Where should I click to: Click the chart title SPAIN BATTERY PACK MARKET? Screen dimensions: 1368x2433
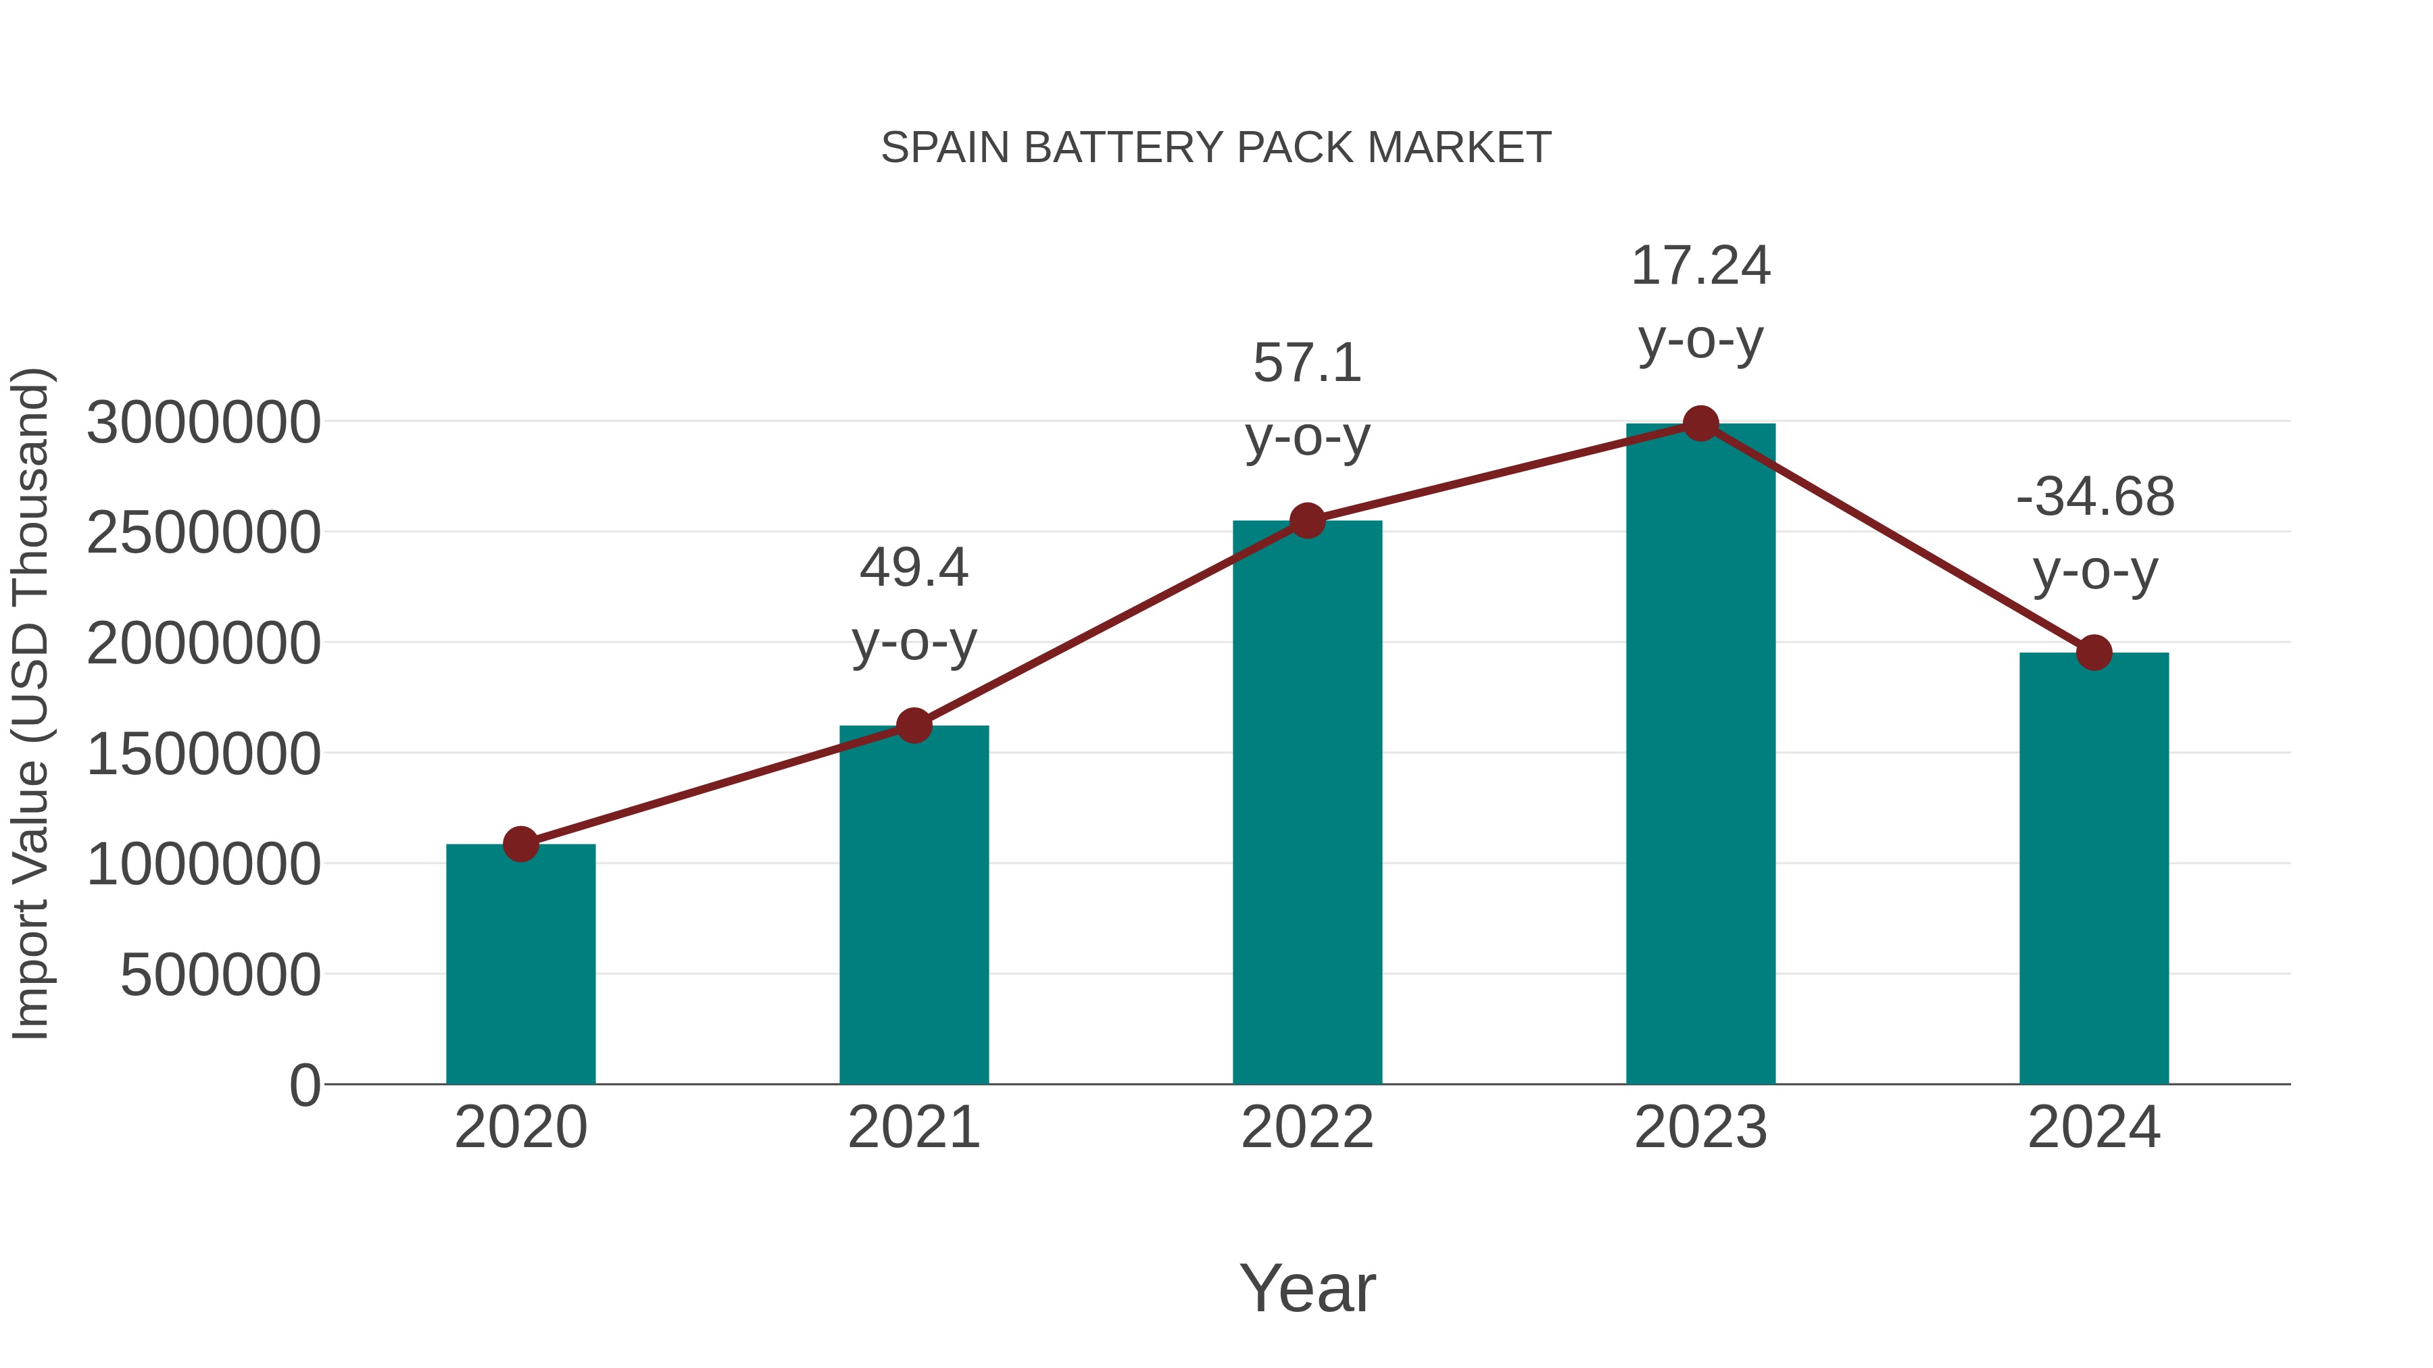pyautogui.click(x=1216, y=148)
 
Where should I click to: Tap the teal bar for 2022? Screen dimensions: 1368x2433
pyautogui.click(x=1307, y=803)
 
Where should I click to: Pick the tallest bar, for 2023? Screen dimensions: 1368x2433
pyautogui.click(x=1700, y=755)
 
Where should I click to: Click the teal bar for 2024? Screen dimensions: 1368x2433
pyautogui.click(x=2094, y=869)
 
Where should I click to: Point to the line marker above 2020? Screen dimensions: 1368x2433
pyautogui.click(x=520, y=844)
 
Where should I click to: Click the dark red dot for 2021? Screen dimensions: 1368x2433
pyautogui.click(x=913, y=726)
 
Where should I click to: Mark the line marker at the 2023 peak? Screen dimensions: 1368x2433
pyautogui.click(x=1700, y=424)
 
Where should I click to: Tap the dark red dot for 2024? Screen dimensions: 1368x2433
pyautogui.click(x=2094, y=653)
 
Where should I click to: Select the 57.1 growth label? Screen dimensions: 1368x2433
pyautogui.click(x=1307, y=399)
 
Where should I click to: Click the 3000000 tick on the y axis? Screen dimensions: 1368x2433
pyautogui.click(x=203, y=422)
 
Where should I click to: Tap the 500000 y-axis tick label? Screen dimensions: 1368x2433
pyautogui.click(x=220, y=974)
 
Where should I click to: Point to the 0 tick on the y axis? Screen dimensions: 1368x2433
pyautogui.click(x=304, y=1085)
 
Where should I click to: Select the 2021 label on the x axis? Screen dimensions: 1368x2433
pyautogui.click(x=913, y=1128)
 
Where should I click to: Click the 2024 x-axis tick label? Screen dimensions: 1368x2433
pyautogui.click(x=2094, y=1128)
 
